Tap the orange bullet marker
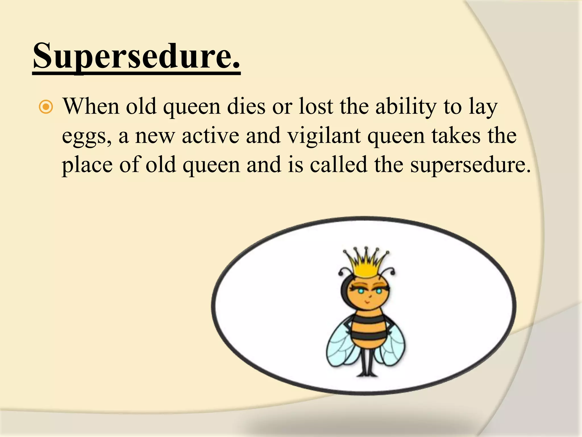point(46,107)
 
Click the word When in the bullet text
point(91,106)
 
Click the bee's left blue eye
point(361,291)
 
